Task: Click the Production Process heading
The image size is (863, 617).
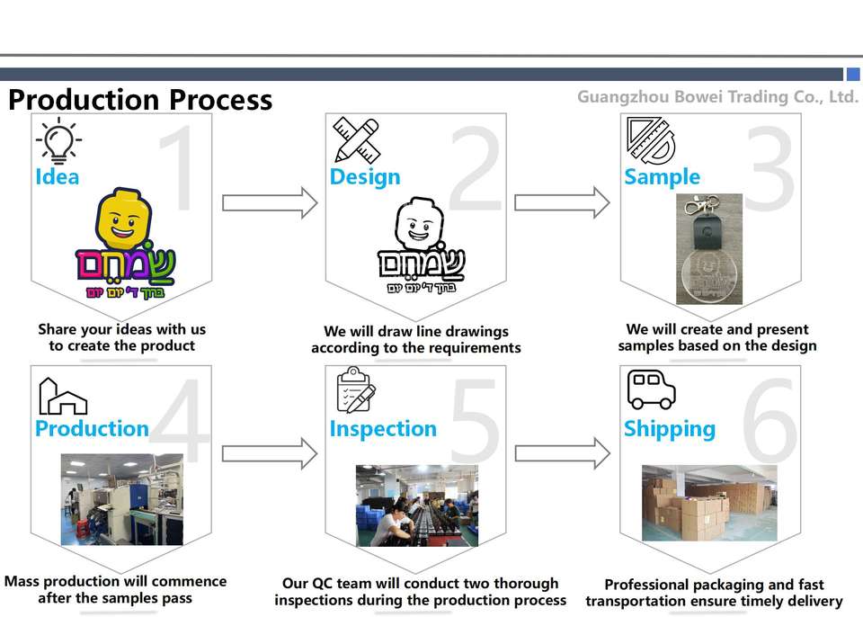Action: click(140, 99)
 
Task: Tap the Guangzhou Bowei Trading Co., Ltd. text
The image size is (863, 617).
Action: click(717, 96)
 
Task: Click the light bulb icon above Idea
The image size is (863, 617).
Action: click(58, 140)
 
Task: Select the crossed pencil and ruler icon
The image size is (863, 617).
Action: click(354, 140)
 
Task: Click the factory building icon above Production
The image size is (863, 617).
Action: click(62, 397)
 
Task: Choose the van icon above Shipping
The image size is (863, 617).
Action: click(651, 389)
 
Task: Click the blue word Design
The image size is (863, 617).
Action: click(365, 177)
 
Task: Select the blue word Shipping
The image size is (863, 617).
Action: click(670, 429)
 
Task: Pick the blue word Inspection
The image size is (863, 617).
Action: click(383, 429)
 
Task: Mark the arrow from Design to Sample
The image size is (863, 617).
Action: click(562, 202)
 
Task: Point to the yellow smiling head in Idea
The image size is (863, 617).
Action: click(123, 219)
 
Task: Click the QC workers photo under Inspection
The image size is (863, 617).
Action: click(416, 505)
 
